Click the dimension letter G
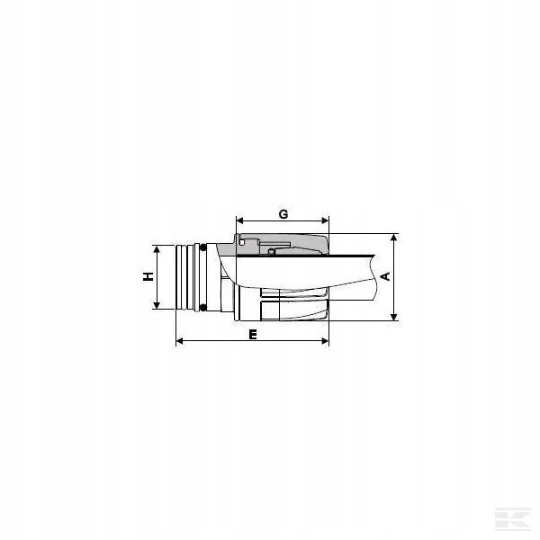tap(283, 214)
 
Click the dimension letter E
tap(253, 335)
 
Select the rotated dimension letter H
tap(148, 276)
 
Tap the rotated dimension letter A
tap(386, 276)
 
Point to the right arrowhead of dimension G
tap(325, 220)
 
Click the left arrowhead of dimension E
tap(180, 341)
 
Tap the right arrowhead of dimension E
tap(325, 341)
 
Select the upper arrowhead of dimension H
tap(157, 249)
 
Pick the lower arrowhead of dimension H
tap(157, 305)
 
